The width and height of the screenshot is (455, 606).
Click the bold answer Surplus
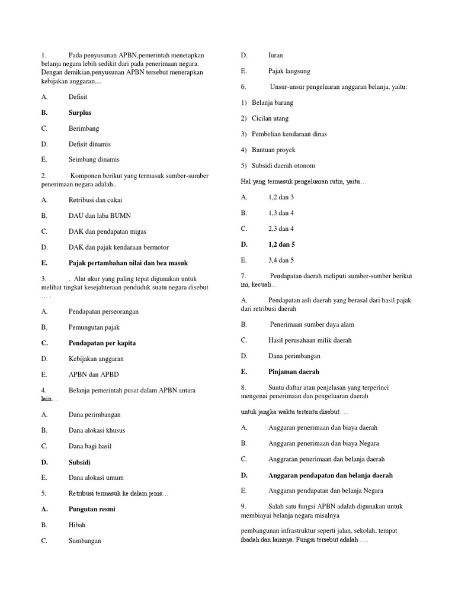point(80,112)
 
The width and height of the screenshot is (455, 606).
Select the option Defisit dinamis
point(89,144)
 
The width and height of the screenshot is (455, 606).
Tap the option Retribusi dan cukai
point(95,200)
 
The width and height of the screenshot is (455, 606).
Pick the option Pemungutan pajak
point(94,327)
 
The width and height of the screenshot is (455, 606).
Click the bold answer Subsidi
point(79,462)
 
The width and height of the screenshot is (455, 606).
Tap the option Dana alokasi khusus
point(97,430)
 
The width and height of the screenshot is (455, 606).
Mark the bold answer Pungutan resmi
point(92,509)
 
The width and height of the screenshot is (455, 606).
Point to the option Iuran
point(275,55)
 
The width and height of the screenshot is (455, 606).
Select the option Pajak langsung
point(289,71)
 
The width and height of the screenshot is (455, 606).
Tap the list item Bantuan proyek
point(273,150)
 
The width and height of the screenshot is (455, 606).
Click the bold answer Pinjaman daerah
point(293,372)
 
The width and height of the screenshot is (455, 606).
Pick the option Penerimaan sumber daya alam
point(312,324)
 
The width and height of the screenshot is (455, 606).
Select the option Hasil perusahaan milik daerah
point(310,340)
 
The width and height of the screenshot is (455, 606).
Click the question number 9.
point(243,506)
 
